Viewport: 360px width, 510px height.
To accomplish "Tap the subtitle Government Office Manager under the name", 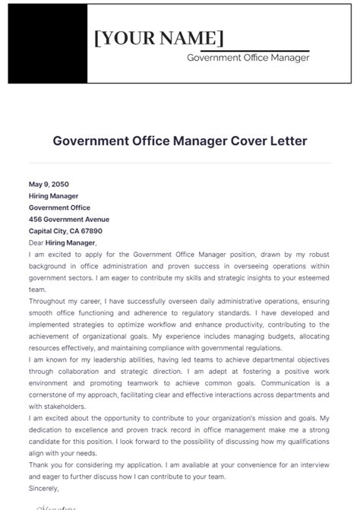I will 248,58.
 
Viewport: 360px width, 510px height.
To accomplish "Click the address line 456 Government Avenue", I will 69,219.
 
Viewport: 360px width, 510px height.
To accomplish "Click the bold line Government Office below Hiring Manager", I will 59,207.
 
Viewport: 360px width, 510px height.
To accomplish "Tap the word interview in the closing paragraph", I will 314,465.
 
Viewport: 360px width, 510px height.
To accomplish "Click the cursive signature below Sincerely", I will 53,504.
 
